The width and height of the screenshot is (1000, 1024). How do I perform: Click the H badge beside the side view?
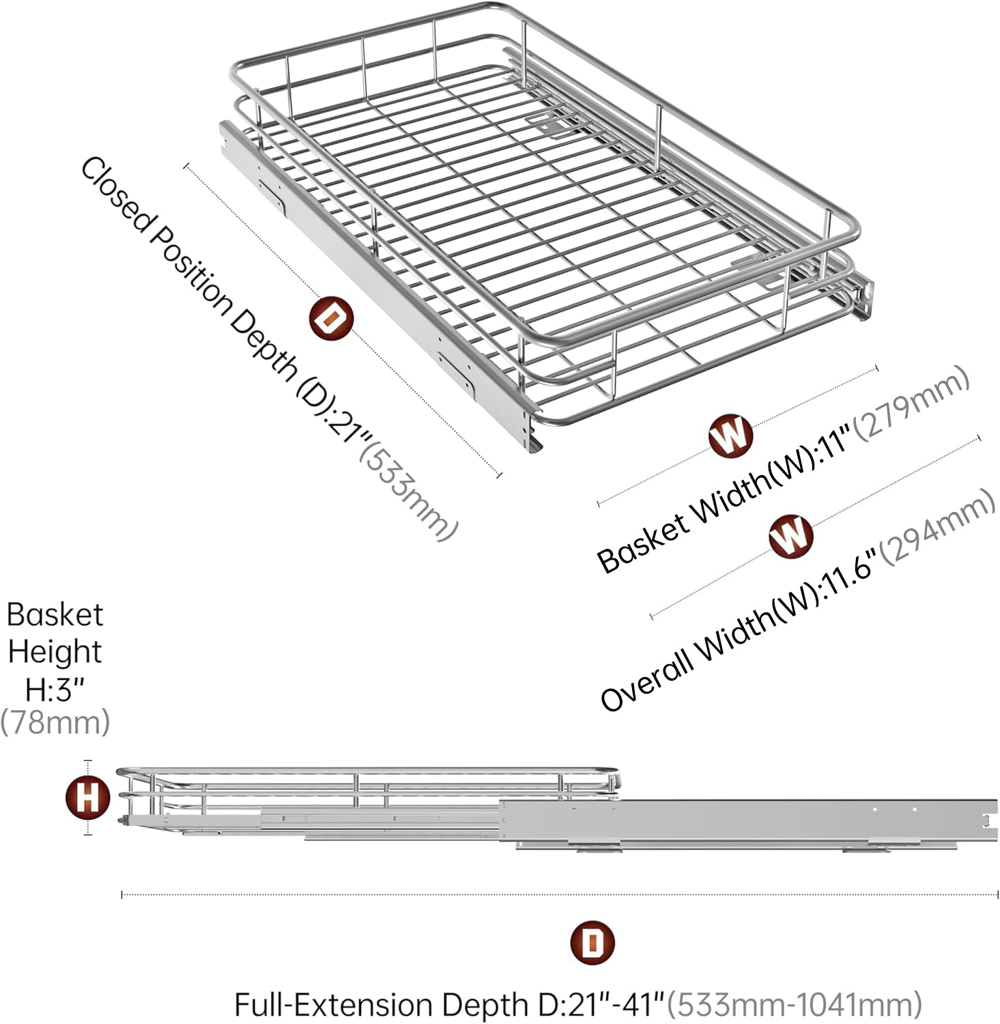(x=88, y=797)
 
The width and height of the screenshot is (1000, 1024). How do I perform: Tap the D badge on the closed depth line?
(x=331, y=319)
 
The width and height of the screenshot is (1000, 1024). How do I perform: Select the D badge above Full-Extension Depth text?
(x=592, y=943)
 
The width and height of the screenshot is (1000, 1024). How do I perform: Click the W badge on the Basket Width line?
(x=730, y=435)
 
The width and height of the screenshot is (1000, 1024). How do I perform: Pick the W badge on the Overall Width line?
(x=791, y=535)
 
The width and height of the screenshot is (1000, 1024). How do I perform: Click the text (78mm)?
(x=55, y=722)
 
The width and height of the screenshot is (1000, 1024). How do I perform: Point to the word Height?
(x=55, y=651)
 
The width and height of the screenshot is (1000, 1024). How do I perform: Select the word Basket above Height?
(x=55, y=614)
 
